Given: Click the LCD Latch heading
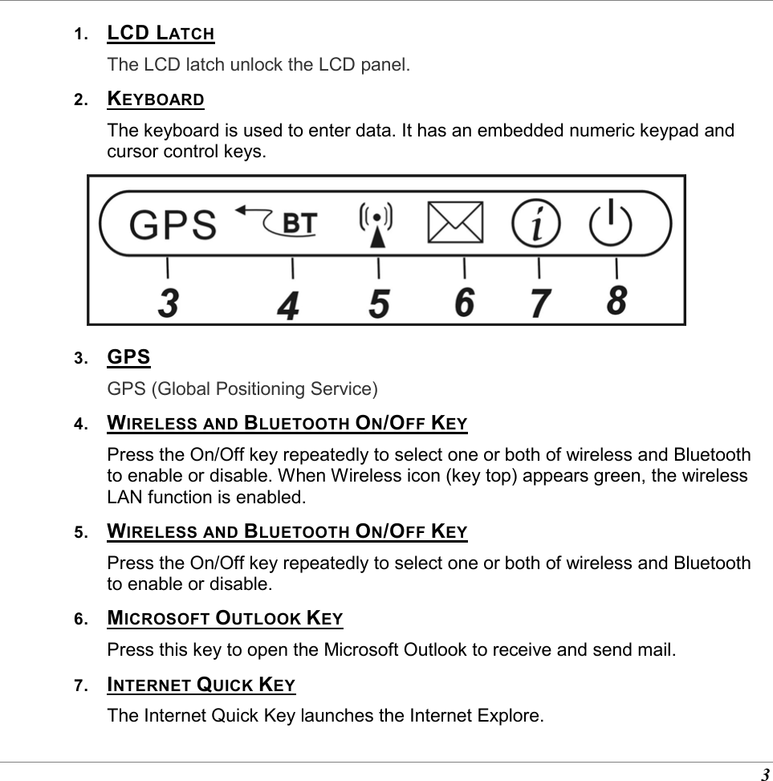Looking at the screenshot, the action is [161, 34].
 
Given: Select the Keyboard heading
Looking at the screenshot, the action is [156, 100].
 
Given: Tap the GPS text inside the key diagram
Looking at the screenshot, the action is [173, 224].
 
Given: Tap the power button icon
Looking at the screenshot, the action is [611, 222].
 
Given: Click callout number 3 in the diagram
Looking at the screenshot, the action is [168, 303].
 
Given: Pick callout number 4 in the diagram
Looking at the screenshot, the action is [289, 305].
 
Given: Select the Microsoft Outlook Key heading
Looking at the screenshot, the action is [225, 619].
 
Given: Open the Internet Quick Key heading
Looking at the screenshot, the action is [201, 685].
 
